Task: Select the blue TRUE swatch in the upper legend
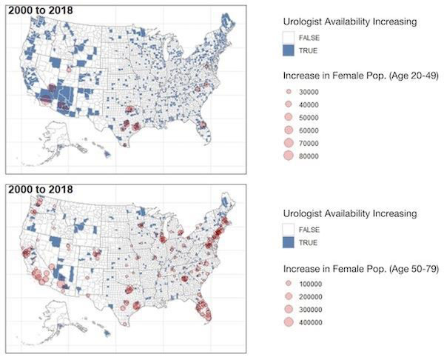[291, 50]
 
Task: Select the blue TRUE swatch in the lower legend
[291, 242]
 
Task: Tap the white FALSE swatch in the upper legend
[291, 37]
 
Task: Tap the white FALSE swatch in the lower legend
[291, 230]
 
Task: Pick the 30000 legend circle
[291, 92]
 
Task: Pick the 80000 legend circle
[291, 156]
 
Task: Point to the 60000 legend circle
[291, 130]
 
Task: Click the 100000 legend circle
[291, 284]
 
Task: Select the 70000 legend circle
[291, 143]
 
